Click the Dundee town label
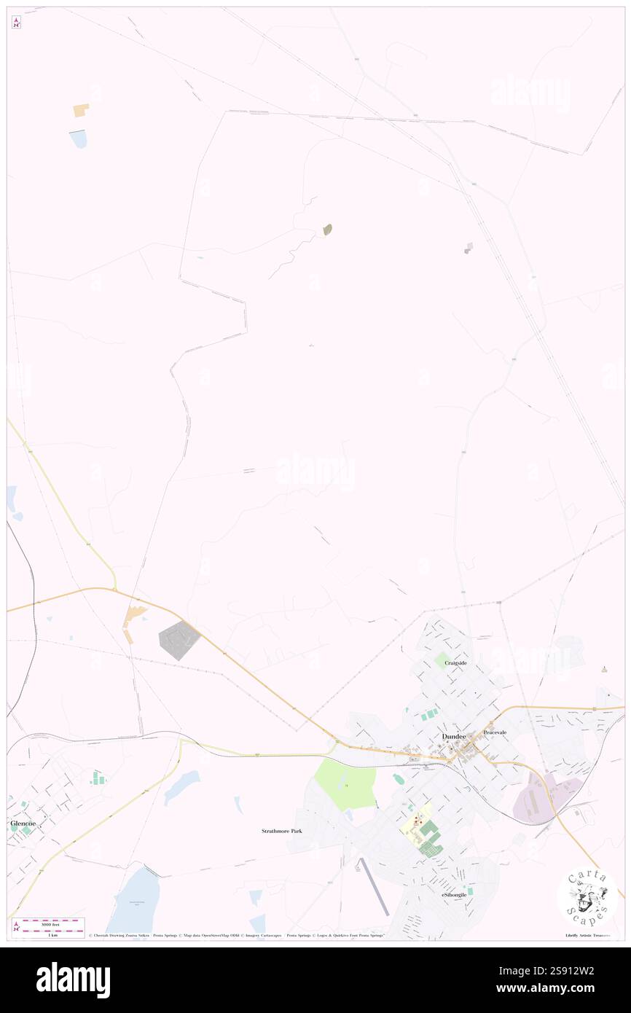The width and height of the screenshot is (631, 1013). click(453, 737)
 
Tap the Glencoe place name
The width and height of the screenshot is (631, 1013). click(23, 823)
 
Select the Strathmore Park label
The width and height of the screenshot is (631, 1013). click(282, 831)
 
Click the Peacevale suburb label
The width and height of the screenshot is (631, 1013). click(495, 732)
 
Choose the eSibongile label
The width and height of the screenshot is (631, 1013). click(453, 894)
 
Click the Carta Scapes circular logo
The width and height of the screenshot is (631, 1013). click(587, 897)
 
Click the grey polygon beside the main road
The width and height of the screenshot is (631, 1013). click(178, 641)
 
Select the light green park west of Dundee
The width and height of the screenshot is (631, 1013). click(346, 783)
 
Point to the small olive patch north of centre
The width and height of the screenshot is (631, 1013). click(328, 230)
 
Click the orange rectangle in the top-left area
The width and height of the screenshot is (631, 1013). click(80, 110)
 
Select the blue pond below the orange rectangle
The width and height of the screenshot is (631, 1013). click(78, 138)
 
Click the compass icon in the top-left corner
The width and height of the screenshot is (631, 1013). click(16, 23)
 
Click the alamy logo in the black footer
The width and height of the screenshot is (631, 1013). click(73, 980)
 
